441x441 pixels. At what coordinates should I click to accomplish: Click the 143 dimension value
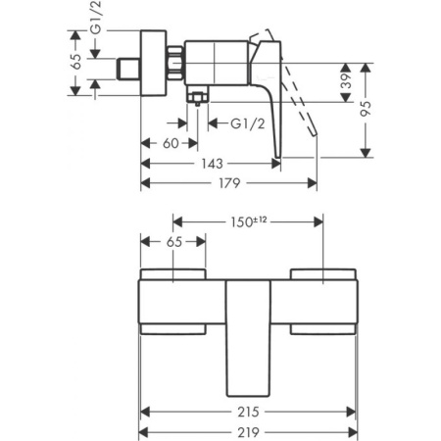[212, 164]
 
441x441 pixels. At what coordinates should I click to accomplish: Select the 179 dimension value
[228, 183]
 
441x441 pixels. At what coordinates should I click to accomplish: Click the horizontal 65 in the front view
[172, 240]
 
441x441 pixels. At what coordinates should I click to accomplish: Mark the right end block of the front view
[324, 299]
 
